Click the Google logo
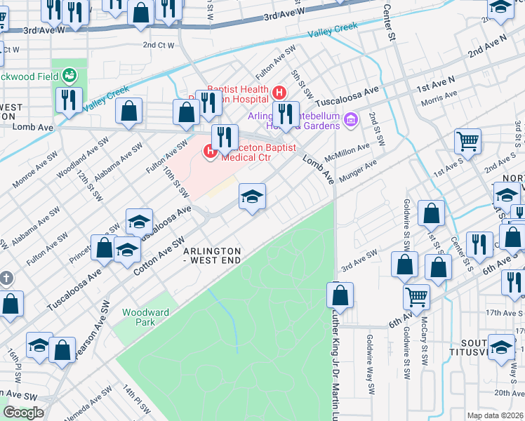coord(23,412)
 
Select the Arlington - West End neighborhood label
coord(212,255)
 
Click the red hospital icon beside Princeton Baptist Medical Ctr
coord(210,151)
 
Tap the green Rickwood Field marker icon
coord(69,74)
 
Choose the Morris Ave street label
coord(439,98)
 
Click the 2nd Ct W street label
coord(158,45)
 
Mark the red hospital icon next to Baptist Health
coord(279,92)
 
